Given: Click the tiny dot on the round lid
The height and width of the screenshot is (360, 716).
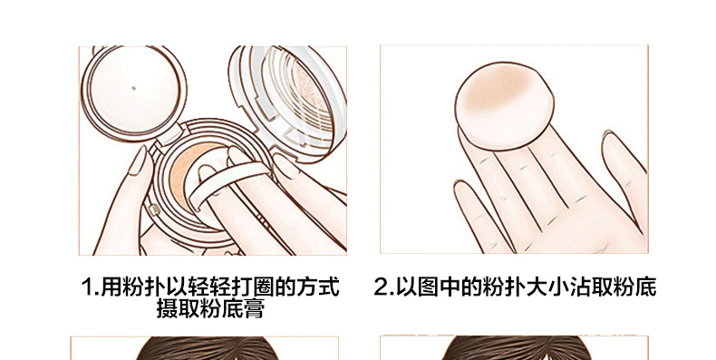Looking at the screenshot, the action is [x=133, y=88].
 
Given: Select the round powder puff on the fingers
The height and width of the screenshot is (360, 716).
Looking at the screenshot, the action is [x=504, y=106].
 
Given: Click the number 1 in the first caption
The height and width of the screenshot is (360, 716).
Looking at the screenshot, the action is [x=88, y=287].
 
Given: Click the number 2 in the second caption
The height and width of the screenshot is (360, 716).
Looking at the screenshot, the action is [x=382, y=287].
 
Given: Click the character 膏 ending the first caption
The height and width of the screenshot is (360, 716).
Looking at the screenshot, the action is [x=254, y=308].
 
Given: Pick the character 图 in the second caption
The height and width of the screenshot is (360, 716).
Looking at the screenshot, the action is [x=428, y=287].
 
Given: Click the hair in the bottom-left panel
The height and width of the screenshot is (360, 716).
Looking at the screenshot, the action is [x=206, y=348].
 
